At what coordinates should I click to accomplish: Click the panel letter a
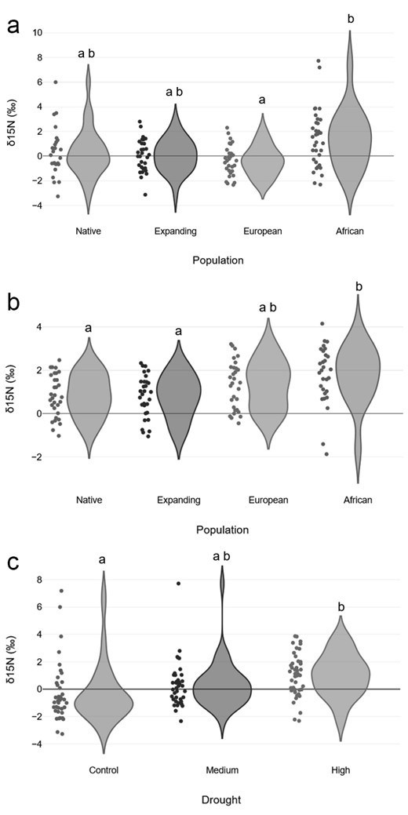(14, 25)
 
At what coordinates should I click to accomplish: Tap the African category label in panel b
(350, 500)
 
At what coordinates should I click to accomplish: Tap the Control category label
(104, 770)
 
